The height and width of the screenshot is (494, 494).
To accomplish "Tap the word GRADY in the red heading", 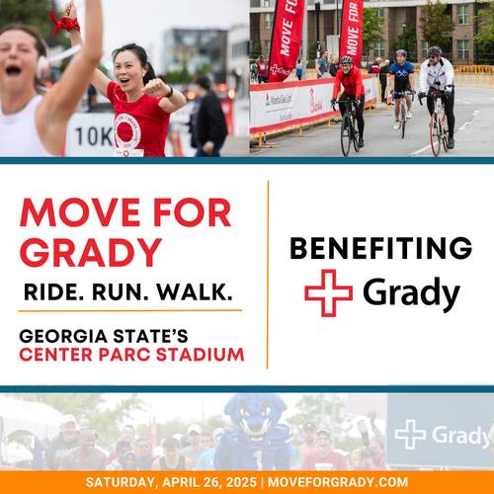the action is pyautogui.click(x=91, y=253).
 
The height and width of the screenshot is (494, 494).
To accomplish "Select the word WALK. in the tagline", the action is pyautogui.click(x=195, y=292).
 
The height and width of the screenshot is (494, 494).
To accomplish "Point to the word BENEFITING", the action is pyautogui.click(x=381, y=248).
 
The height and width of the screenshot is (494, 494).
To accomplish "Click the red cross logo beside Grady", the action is pyautogui.click(x=328, y=292).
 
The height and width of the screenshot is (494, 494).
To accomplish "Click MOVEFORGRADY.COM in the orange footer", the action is pyautogui.click(x=338, y=482).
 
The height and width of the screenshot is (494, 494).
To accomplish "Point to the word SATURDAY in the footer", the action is pyautogui.click(x=121, y=483).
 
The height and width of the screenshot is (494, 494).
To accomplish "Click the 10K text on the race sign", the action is pyautogui.click(x=94, y=136).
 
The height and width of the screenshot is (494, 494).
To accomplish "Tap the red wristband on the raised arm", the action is pyautogui.click(x=64, y=23).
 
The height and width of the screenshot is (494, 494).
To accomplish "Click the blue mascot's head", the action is pyautogui.click(x=255, y=416).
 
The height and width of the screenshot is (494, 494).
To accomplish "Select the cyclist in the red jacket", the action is pyautogui.click(x=349, y=99).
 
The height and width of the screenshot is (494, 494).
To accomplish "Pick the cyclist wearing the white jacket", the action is pyautogui.click(x=437, y=96).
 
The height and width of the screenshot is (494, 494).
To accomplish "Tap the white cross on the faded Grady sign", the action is pyautogui.click(x=410, y=435).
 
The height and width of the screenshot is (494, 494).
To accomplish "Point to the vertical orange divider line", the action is pyautogui.click(x=268, y=275).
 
